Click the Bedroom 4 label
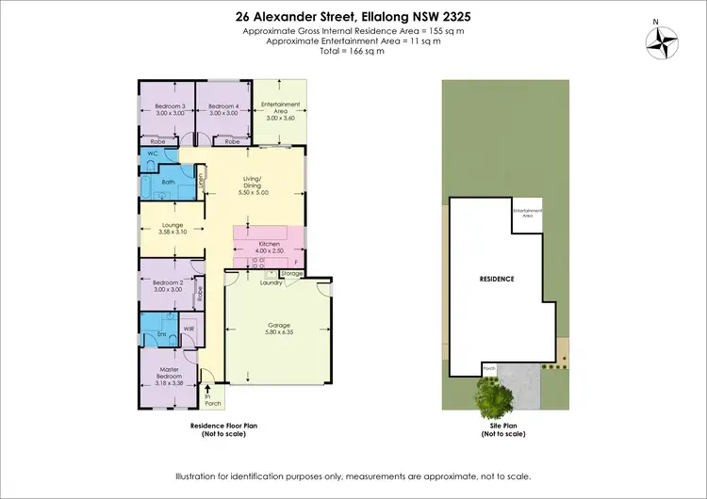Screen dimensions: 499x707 click(x=222, y=106)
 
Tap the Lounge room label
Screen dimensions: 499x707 click(x=172, y=226)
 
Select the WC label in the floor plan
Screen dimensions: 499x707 click(x=151, y=153)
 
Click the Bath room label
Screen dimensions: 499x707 click(x=169, y=182)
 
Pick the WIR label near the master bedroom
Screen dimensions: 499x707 click(x=189, y=329)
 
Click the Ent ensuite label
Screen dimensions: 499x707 click(x=162, y=334)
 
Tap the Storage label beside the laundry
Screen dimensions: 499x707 click(x=292, y=274)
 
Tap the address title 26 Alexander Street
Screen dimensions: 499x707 click(x=353, y=16)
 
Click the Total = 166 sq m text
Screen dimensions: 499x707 click(x=353, y=51)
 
